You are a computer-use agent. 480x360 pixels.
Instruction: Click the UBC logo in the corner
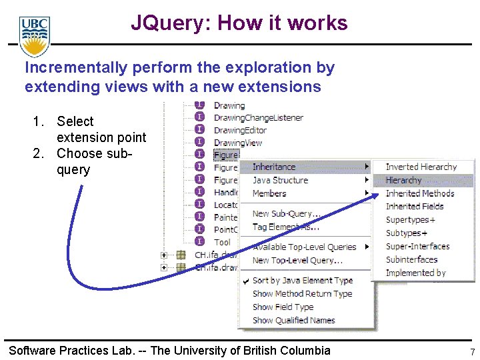[35, 37]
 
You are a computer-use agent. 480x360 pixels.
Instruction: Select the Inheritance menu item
[274, 167]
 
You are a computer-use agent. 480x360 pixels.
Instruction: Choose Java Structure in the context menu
[280, 180]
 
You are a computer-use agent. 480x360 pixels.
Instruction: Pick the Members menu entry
[269, 193]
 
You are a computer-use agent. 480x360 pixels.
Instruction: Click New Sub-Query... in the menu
[286, 213]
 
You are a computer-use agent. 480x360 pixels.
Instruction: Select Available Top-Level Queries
[304, 247]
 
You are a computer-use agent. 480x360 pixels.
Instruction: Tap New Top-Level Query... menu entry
[297, 260]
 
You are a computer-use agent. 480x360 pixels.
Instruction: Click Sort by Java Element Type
[303, 281]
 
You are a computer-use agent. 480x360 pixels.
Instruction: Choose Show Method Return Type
[302, 294]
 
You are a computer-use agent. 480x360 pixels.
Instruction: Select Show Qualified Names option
[293, 321]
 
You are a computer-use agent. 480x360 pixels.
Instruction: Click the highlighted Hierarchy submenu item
[404, 180]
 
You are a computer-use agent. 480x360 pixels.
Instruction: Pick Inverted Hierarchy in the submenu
[421, 167]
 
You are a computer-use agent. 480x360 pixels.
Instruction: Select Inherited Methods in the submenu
[420, 193]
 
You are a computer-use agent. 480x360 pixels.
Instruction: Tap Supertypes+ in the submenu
[411, 220]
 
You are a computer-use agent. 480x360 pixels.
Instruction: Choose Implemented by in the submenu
[416, 273]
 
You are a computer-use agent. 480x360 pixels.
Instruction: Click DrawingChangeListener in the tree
[259, 118]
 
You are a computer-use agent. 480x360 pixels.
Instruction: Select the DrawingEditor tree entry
[240, 130]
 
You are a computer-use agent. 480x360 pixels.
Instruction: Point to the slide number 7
[472, 352]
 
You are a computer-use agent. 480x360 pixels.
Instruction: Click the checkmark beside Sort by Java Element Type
[246, 281]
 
